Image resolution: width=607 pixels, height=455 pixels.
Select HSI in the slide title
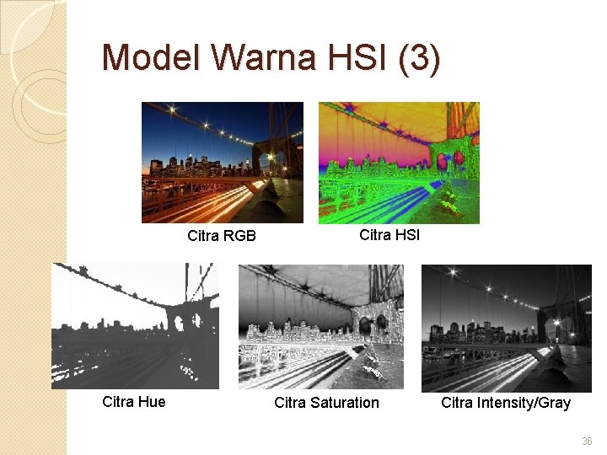pos(357,58)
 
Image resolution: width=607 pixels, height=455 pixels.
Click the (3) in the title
pos(418,59)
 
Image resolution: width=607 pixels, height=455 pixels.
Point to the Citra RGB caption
pos(221,236)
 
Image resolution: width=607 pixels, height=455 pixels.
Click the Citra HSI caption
pos(389,235)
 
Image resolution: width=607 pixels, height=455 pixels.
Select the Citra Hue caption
pos(133,402)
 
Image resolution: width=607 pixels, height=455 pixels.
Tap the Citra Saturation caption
pos(326,403)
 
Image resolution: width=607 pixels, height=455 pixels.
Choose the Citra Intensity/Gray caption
pos(505,403)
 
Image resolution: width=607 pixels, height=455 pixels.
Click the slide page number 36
pos(587,442)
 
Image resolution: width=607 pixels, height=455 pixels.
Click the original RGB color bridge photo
pos(222,163)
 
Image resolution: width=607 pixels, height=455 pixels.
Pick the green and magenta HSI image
pos(399,163)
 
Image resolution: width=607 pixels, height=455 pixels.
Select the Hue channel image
pos(135,326)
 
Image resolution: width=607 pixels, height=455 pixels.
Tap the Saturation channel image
pos(321,327)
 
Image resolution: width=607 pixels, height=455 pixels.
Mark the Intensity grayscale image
pos(507,327)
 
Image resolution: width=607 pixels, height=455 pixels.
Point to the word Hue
pos(152,402)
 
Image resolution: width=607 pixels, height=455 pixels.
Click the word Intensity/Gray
pos(523,403)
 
